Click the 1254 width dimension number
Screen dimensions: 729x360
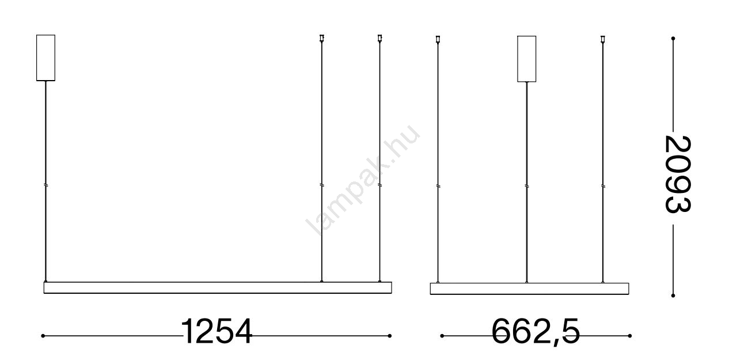217,331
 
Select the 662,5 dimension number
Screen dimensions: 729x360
536,332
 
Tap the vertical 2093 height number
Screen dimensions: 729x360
677,174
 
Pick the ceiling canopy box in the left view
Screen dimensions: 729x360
45,58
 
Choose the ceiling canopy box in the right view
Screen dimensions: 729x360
526,59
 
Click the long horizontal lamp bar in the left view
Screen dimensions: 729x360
218,288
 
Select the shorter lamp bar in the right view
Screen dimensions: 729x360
530,289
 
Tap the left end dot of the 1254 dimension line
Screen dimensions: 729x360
43,336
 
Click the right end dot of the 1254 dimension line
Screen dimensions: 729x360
390,336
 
